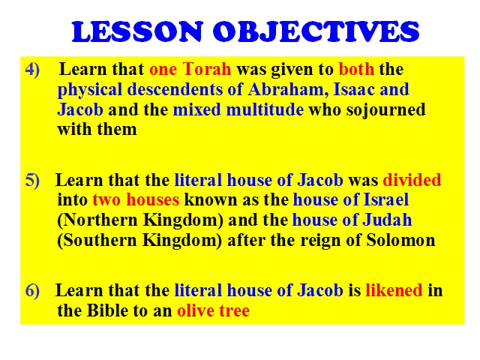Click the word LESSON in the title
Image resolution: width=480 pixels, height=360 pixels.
point(138,31)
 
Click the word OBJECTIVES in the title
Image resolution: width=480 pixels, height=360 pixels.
point(316,31)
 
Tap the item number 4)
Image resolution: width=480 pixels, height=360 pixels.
point(32,69)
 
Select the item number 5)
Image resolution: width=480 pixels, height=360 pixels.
point(32,180)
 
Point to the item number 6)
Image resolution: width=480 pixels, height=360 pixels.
point(32,290)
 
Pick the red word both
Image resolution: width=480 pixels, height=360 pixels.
point(356,69)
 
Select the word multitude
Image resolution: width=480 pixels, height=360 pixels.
point(265,109)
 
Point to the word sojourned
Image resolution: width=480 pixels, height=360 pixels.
point(385,110)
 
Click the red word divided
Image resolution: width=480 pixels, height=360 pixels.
point(412,180)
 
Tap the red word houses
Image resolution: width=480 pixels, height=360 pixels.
point(152,199)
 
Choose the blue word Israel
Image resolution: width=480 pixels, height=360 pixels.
point(386,199)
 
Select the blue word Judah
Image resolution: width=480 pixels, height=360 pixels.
point(387,220)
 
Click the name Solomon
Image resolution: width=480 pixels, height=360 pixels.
point(400,240)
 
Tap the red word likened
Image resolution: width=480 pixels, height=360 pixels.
point(394,290)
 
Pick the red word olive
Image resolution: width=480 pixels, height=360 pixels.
point(196,310)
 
